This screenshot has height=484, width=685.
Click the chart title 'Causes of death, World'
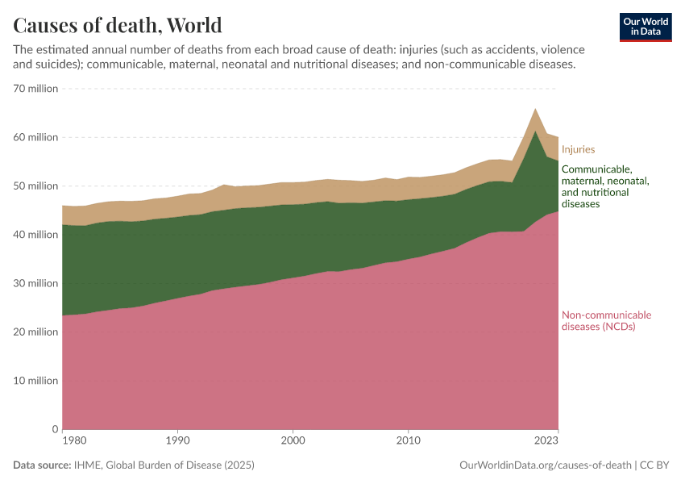[x=118, y=25]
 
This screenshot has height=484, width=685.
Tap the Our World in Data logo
[x=645, y=27]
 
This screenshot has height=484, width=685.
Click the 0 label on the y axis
[x=55, y=429]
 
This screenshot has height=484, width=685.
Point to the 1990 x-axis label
[x=177, y=441]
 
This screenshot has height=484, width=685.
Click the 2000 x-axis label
[x=293, y=441]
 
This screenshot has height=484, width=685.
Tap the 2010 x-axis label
[x=409, y=441]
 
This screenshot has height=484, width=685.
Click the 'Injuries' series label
[x=578, y=149]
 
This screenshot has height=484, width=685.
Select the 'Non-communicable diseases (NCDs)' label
[x=605, y=320]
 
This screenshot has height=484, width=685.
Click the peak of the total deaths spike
[x=535, y=108]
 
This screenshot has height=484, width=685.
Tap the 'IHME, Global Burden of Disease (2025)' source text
[x=165, y=465]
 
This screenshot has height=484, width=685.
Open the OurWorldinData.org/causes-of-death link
[x=545, y=465]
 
